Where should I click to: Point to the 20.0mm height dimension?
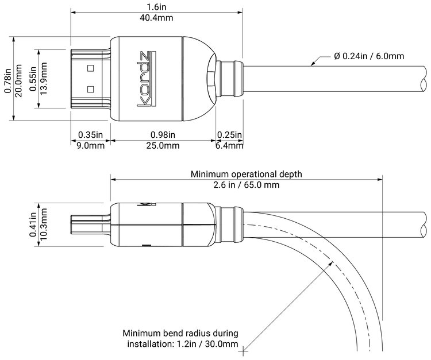coord(18,79)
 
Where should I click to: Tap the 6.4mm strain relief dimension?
coord(229,146)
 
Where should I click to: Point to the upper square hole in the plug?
coord(90,69)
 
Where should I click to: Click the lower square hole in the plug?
coord(90,89)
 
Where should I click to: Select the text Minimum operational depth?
coord(247,173)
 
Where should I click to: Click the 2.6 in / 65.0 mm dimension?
coord(247,185)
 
